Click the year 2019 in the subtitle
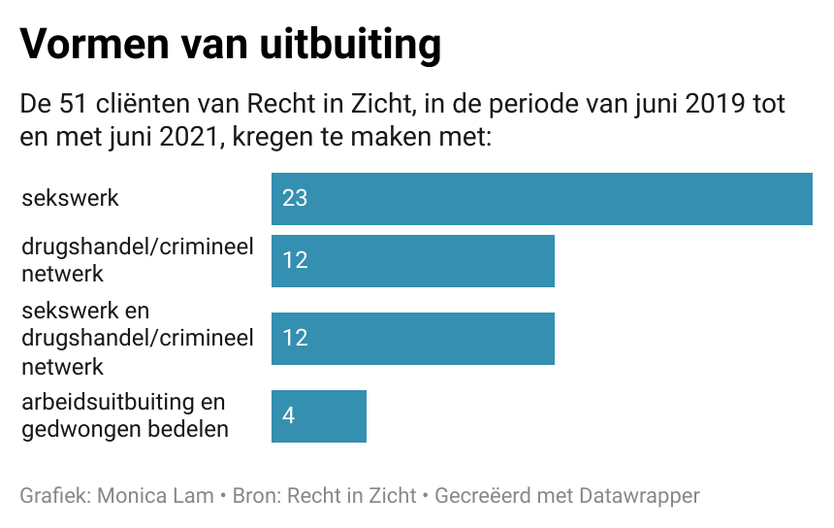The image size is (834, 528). tap(717, 103)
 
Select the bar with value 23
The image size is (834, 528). tap(541, 199)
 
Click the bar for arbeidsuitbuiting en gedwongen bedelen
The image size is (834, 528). tap(318, 416)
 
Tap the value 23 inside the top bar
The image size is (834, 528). tap(295, 199)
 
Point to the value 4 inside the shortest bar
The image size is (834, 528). tap(288, 416)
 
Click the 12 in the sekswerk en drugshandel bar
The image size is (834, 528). tap(295, 338)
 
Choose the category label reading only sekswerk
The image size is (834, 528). tap(70, 198)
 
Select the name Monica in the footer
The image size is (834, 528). tap(135, 495)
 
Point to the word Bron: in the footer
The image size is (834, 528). tap(261, 495)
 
